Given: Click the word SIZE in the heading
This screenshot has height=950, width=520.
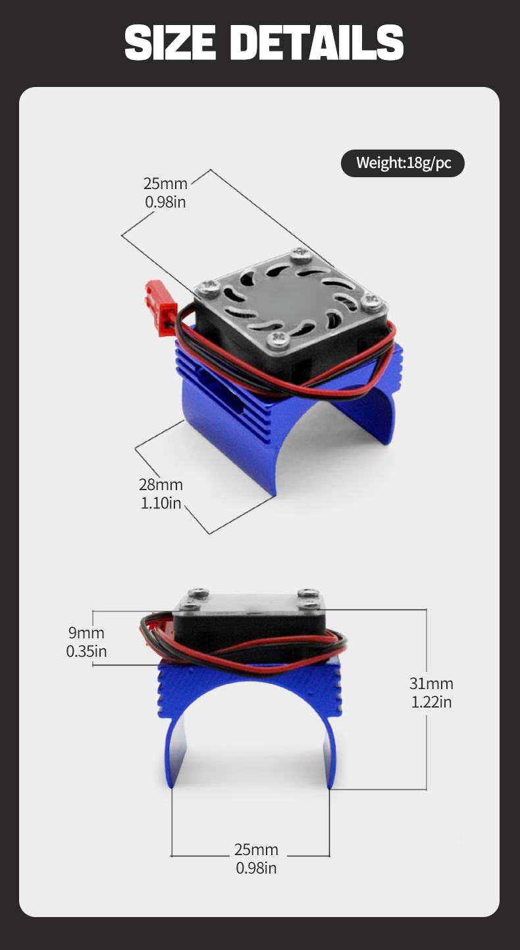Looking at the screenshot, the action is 170,42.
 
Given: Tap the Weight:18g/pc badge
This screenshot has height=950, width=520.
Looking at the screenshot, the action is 403,163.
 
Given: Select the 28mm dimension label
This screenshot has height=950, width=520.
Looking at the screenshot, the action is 161,484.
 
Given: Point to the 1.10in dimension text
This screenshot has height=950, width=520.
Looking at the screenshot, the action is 161,503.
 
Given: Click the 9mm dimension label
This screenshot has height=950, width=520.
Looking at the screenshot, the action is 86,632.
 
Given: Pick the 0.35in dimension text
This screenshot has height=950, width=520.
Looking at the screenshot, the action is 86,651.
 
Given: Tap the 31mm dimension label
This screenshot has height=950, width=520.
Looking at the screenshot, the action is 431,684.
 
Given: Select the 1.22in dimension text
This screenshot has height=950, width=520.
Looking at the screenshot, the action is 431,702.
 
